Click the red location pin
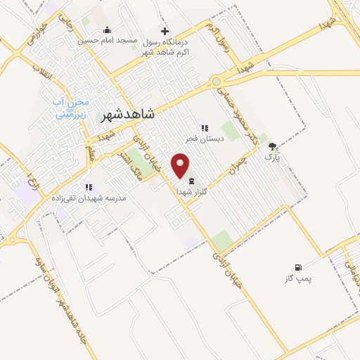pyautogui.click(x=182, y=166)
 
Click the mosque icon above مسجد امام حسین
pyautogui.click(x=107, y=30)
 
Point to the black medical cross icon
pyautogui.click(x=165, y=31)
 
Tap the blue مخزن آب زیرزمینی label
pyautogui.click(x=71, y=106)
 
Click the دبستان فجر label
pyautogui.click(x=205, y=139)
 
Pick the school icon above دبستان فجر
pyautogui.click(x=205, y=128)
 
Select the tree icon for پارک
pyautogui.click(x=272, y=147)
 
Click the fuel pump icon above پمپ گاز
pyautogui.click(x=298, y=267)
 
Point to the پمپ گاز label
pyautogui.click(x=298, y=278)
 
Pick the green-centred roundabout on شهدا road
pyautogui.click(x=217, y=82)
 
